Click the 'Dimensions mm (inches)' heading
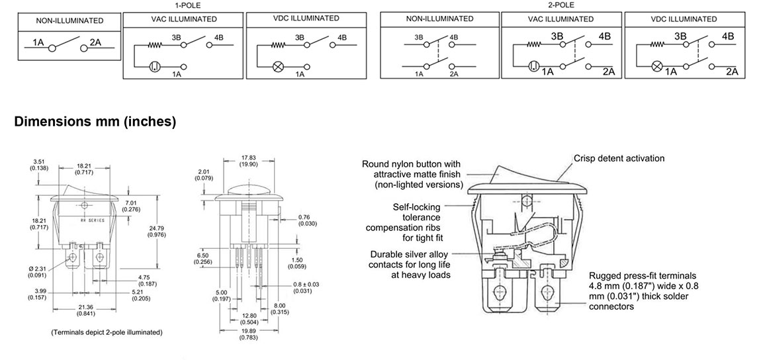pos(95,122)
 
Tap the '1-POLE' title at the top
pos(187,5)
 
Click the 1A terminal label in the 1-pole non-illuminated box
pos(38,43)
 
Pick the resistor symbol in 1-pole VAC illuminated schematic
pos(155,46)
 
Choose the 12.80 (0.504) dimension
pos(249,319)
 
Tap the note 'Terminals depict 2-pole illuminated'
pos(107,332)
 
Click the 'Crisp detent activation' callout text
pos(619,159)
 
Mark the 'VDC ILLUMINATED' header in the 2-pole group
pos(684,19)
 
